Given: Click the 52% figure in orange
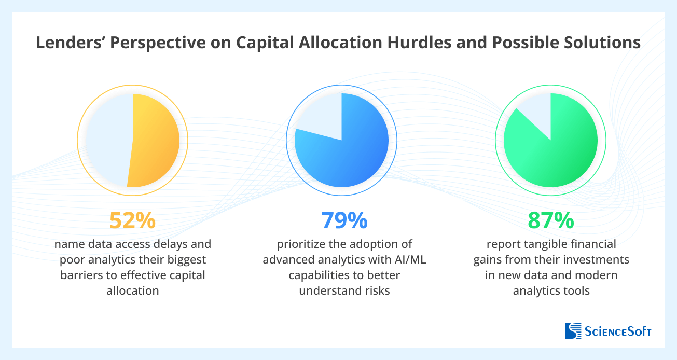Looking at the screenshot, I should coord(132,220).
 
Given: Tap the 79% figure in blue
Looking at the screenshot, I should coord(344,220).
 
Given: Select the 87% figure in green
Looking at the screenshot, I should coord(550,220).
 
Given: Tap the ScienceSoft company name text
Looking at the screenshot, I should coord(617,331).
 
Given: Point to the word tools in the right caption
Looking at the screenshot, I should coord(576,290).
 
